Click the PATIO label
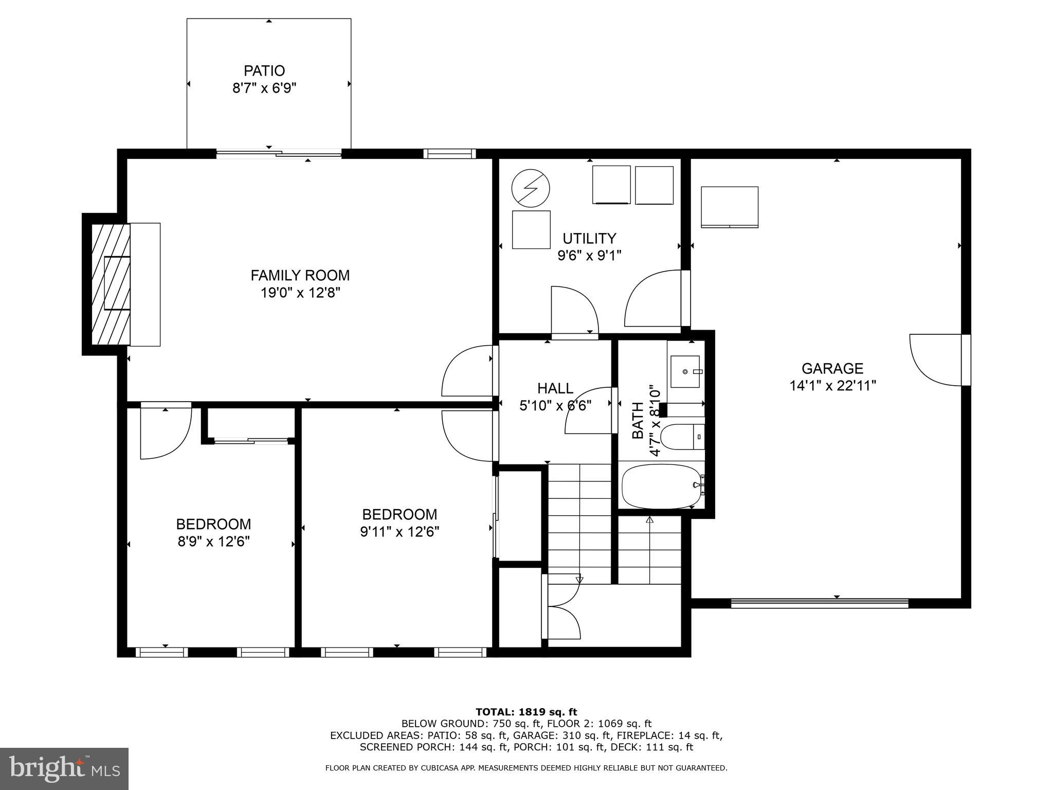(x=264, y=70)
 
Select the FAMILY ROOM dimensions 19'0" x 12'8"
(x=300, y=293)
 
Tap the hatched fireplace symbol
(x=111, y=283)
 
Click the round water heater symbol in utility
(x=531, y=188)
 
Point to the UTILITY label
(x=589, y=239)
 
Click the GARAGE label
(x=832, y=368)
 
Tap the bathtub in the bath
(x=662, y=486)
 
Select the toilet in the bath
(x=680, y=437)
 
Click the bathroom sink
(x=685, y=371)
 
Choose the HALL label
(x=555, y=388)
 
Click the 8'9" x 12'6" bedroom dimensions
(x=213, y=542)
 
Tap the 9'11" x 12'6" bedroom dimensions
(x=400, y=531)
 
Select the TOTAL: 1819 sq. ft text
(x=526, y=712)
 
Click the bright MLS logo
(x=64, y=768)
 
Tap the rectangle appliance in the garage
(x=729, y=207)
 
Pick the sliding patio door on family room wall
(x=279, y=153)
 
